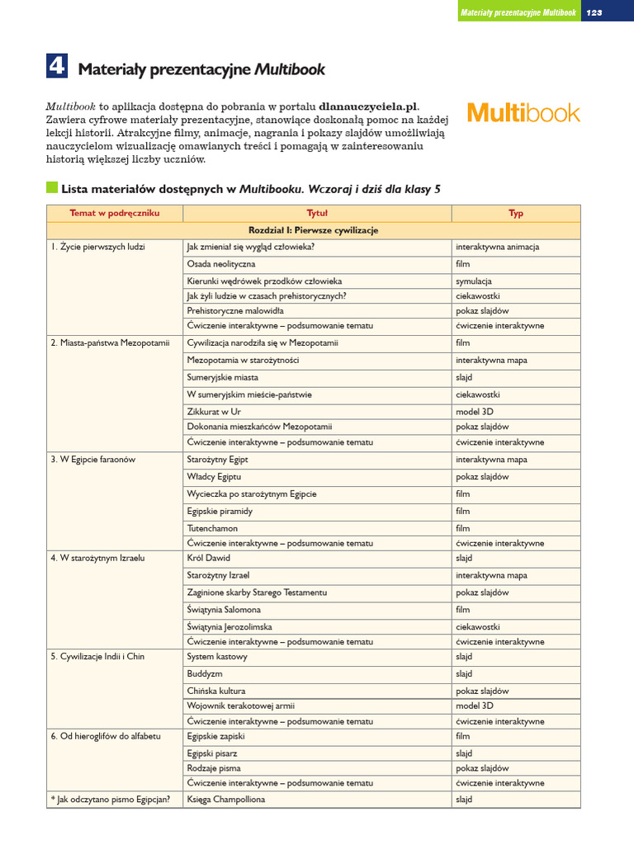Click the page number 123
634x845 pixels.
594,12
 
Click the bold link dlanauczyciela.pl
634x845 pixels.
368,106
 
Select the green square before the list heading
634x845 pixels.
52,188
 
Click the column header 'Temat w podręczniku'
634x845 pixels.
114,213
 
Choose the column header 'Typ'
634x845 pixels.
516,213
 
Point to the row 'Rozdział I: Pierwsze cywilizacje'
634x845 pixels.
314,230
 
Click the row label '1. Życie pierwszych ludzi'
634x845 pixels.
97,247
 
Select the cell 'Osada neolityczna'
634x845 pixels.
221,264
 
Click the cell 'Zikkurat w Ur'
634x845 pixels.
214,411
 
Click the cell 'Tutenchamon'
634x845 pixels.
212,528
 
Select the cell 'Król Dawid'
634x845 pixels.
209,558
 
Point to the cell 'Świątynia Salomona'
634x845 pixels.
224,610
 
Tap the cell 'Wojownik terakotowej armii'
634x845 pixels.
241,706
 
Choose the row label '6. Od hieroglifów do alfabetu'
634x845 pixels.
106,735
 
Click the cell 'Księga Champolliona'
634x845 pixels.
227,800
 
